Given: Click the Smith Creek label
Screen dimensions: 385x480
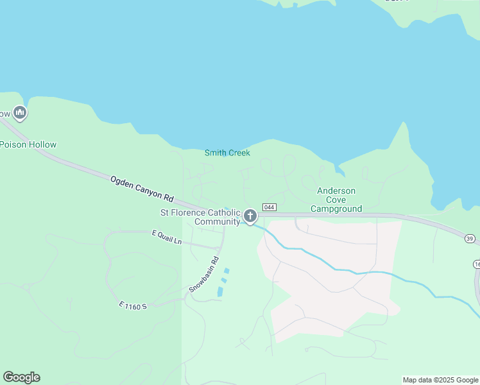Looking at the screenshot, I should pos(227,153).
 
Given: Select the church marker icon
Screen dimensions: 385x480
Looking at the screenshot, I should pos(250,216).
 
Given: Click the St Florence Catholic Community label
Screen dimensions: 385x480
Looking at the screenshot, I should pos(200,217).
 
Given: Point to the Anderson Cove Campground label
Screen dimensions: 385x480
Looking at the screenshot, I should pos(336,200).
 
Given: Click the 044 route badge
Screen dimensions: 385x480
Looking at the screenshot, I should pos(270,207).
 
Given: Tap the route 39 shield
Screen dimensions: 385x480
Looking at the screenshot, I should pos(470,238).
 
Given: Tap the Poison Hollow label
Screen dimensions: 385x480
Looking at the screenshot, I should pos(28,144).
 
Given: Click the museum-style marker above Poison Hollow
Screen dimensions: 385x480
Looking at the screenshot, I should pos(19,114).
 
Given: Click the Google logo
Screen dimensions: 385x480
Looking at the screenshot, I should pos(22,377).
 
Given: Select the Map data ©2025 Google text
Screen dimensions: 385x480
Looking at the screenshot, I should pos(440,380).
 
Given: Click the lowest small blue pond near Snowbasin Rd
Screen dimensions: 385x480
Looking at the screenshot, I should pos(220,292).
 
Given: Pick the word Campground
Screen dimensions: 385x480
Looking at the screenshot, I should pos(336,209).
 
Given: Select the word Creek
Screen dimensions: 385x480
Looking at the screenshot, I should pos(239,153).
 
